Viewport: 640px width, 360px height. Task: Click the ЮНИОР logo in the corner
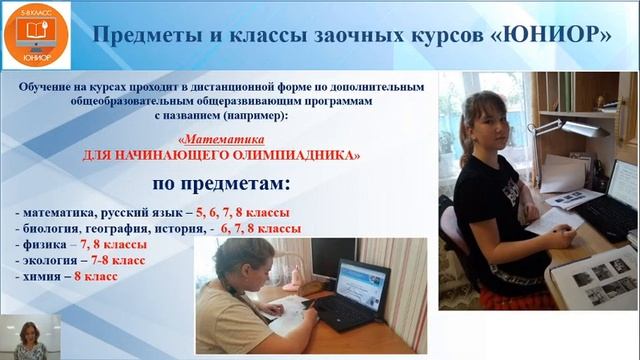tap(30, 33)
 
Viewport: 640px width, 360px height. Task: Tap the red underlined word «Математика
tap(221, 141)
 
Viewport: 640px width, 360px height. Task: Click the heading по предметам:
tap(221, 185)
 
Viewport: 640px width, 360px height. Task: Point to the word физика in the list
tap(45, 244)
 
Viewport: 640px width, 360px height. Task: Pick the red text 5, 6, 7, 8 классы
tap(243, 213)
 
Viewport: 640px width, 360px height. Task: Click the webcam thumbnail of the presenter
tap(30, 337)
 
